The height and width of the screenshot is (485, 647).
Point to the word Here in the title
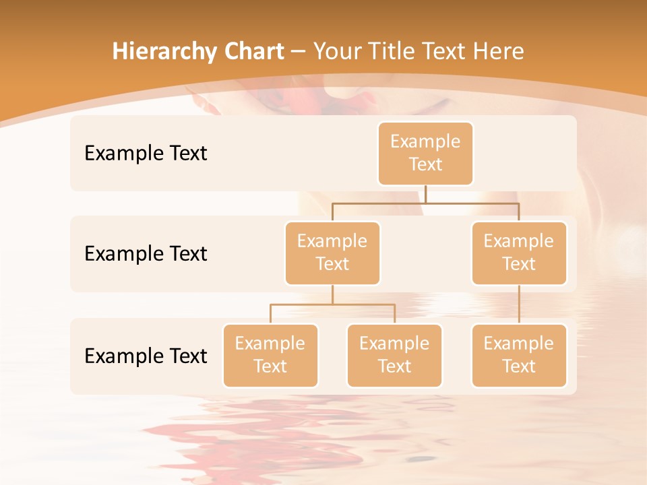pyautogui.click(x=498, y=52)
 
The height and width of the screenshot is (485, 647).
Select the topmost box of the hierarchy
pyautogui.click(x=425, y=154)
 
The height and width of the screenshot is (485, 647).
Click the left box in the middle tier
pyautogui.click(x=332, y=253)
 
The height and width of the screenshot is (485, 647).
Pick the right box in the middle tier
pyautogui.click(x=519, y=253)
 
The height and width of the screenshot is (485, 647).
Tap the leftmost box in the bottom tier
pyautogui.click(x=270, y=356)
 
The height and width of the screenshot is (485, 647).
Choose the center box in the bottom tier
pyautogui.click(x=394, y=356)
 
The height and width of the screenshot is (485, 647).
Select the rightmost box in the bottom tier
pyautogui.click(x=519, y=356)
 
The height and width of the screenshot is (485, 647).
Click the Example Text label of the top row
pyautogui.click(x=146, y=154)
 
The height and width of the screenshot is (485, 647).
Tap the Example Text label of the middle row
pyautogui.click(x=146, y=254)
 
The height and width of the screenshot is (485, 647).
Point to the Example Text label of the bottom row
pyautogui.click(x=146, y=356)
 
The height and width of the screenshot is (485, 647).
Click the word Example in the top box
pyautogui.click(x=425, y=141)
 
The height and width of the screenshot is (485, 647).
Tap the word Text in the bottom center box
pyautogui.click(x=394, y=366)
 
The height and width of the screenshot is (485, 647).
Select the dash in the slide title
pyautogui.click(x=298, y=52)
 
